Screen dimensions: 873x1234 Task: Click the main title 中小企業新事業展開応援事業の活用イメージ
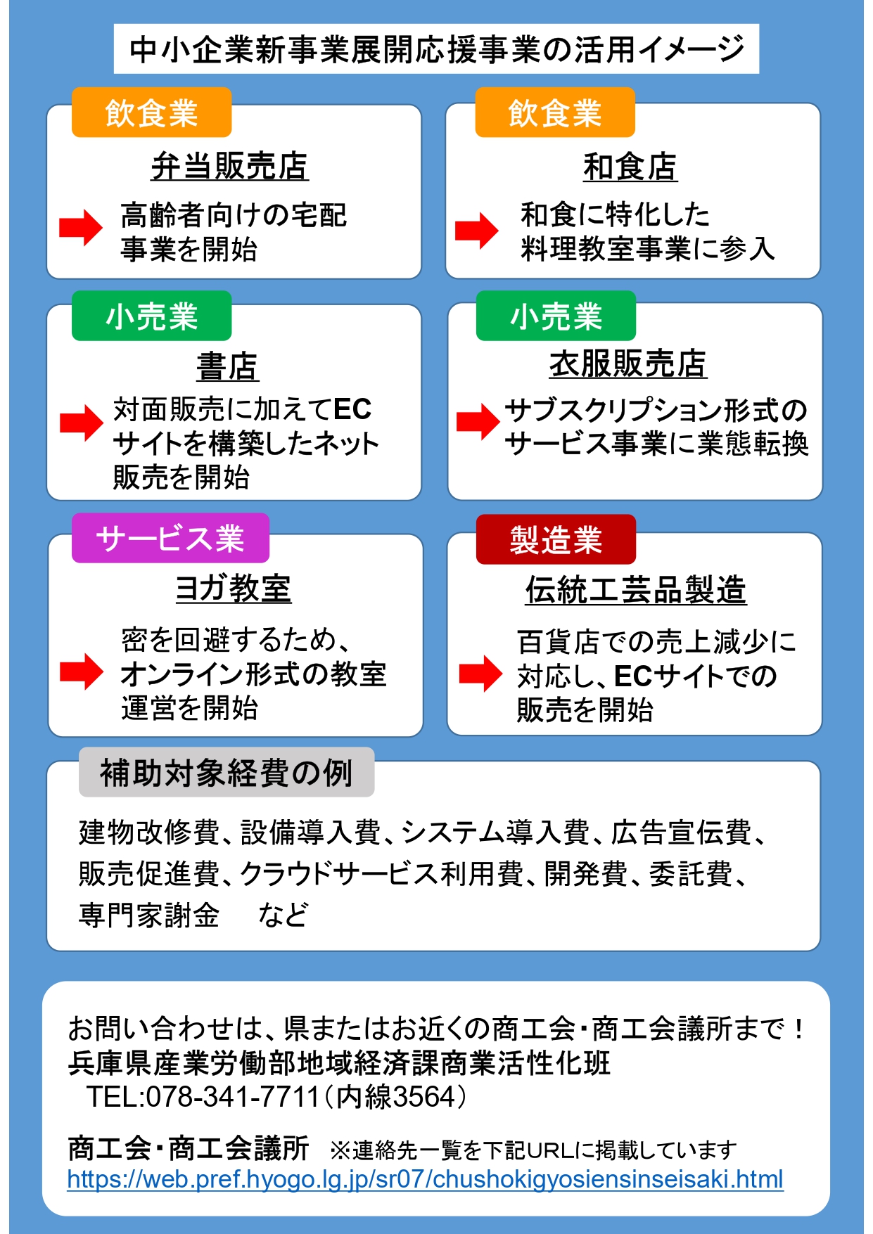(436, 49)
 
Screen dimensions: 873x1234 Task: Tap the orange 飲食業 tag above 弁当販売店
(151, 113)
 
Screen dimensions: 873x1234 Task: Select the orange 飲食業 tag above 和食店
(555, 113)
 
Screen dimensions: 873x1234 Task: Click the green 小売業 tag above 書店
(151, 316)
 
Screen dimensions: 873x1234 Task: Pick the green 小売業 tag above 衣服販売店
(556, 316)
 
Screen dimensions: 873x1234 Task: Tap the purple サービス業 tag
(170, 538)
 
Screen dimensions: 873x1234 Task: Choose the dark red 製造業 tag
(556, 539)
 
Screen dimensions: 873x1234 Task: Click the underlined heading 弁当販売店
(230, 167)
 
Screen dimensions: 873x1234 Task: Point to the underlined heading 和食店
(630, 167)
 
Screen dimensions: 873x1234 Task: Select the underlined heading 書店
(228, 366)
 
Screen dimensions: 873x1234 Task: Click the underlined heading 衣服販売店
(628, 364)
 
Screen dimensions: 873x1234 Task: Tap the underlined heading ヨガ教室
(234, 588)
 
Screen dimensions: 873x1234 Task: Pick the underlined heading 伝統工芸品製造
(636, 589)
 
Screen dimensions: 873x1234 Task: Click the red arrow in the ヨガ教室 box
(82, 671)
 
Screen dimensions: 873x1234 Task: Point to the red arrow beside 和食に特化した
(477, 231)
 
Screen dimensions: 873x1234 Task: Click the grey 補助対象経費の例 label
(227, 772)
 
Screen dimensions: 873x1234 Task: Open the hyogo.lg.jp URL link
(426, 1179)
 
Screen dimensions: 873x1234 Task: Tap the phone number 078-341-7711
(233, 1097)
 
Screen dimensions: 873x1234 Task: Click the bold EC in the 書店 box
(352, 409)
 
